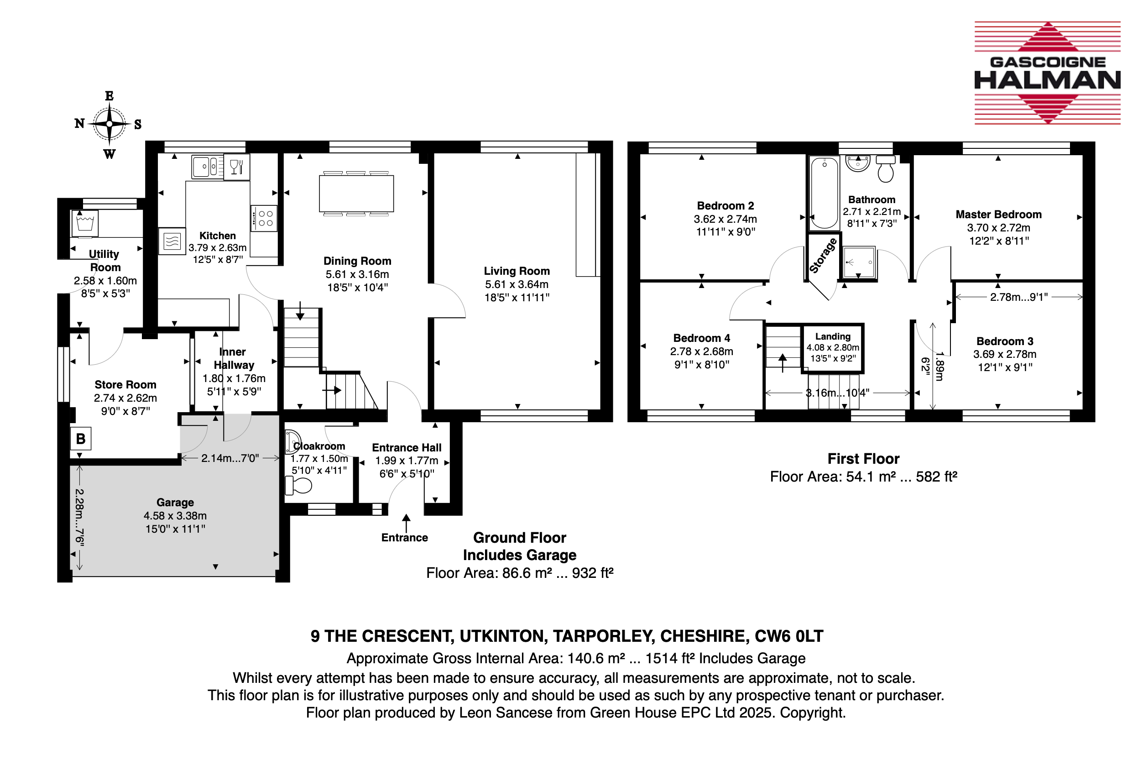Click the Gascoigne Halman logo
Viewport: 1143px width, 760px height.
1047,73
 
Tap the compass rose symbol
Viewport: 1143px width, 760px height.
110,124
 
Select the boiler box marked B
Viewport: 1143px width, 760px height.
80,439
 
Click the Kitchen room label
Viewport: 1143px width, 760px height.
218,236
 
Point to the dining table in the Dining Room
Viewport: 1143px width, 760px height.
356,194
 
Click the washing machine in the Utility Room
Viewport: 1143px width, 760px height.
85,224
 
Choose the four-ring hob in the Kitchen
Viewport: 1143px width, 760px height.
264,218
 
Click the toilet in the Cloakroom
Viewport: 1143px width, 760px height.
298,485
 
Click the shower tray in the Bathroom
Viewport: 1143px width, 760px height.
859,262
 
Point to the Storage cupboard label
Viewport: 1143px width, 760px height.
823,256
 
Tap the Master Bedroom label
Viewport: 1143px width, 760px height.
998,214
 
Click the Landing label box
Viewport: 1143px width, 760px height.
833,347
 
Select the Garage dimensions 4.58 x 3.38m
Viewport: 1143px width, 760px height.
175,516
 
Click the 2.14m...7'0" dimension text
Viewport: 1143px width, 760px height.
230,458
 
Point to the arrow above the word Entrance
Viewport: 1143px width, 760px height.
406,524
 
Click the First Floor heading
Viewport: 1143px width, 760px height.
863,459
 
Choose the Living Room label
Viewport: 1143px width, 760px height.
517,271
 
